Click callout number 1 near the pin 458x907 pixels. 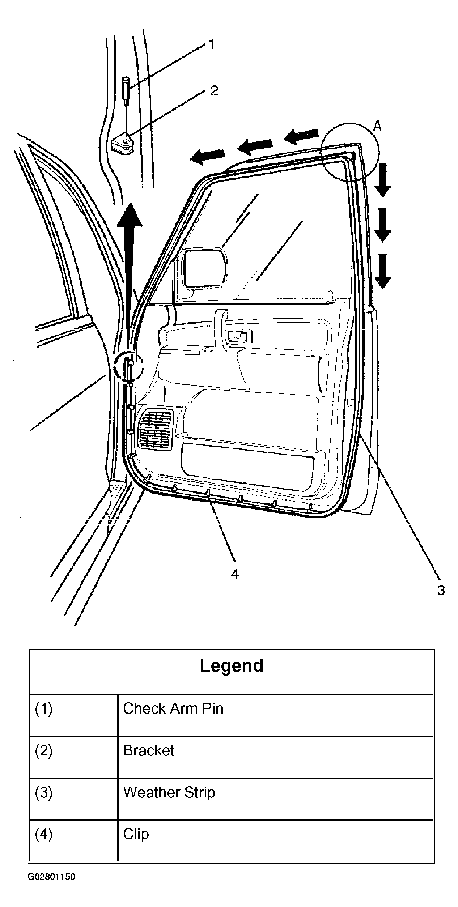pos(212,44)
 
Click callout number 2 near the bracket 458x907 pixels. pos(214,90)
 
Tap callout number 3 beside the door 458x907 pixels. pos(441,590)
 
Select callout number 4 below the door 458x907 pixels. pos(235,574)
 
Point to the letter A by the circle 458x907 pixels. pos(377,126)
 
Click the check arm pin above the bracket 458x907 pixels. pos(126,91)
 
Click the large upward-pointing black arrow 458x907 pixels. pos(129,278)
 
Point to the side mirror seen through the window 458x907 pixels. pos(205,268)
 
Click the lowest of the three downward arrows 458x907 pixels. pos(382,272)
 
